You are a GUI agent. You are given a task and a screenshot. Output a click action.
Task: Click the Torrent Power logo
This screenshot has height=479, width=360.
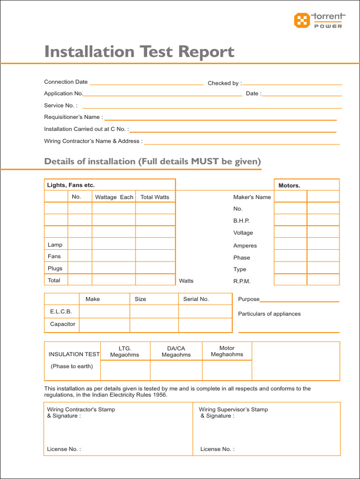[318, 20]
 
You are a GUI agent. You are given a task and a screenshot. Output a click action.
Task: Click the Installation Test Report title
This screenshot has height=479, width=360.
[139, 51]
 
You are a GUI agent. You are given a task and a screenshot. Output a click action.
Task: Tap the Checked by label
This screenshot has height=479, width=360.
[225, 83]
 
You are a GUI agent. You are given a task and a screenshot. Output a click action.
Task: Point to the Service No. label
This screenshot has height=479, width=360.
[60, 106]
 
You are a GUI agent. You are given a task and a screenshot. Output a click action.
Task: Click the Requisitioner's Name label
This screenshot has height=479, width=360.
[73, 117]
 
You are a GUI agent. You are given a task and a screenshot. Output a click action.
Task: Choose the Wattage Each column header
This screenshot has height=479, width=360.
[114, 197]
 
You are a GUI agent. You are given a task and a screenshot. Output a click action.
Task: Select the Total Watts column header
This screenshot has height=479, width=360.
[155, 197]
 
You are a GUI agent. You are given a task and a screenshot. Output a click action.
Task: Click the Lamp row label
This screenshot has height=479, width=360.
[55, 245]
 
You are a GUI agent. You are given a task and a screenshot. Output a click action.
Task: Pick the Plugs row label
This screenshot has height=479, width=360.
[55, 269]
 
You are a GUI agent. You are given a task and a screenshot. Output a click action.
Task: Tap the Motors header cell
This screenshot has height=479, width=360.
[289, 185]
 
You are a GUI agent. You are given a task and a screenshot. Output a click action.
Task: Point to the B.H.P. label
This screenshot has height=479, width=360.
[241, 221]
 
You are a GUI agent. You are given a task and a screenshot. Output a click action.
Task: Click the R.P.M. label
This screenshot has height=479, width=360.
[242, 281]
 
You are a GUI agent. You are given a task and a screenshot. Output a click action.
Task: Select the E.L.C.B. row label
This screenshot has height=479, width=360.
[61, 312]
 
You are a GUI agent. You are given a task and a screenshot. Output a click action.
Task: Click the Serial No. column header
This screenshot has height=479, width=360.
[196, 299]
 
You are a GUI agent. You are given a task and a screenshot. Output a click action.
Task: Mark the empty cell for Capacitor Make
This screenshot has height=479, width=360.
[104, 325]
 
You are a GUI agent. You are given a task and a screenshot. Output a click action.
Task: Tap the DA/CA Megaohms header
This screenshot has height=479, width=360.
[176, 351]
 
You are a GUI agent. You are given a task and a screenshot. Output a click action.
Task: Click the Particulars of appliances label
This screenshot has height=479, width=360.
[269, 314]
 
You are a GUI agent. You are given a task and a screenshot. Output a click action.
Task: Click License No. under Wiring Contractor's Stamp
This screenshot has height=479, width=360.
[64, 449]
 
